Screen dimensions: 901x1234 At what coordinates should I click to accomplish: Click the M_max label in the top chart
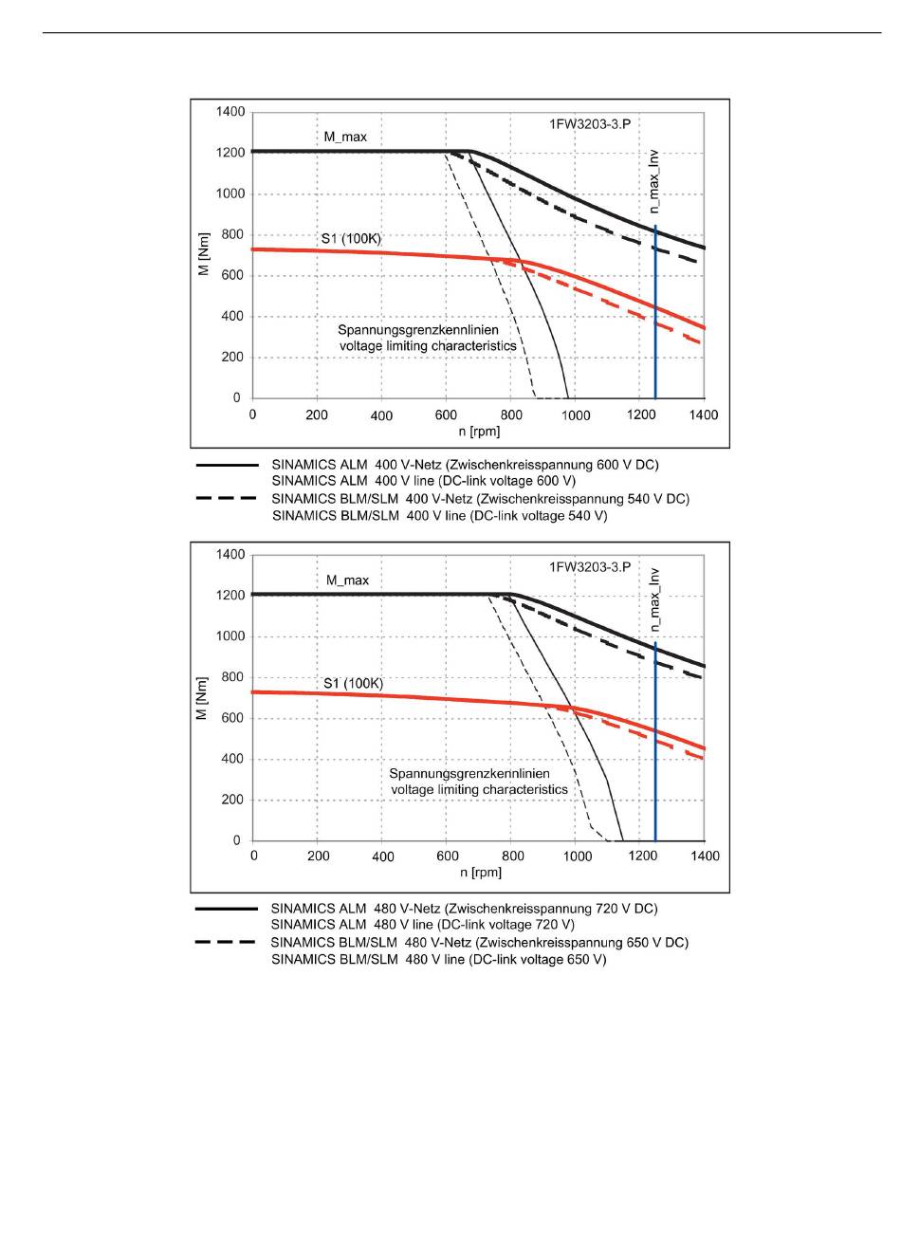click(345, 138)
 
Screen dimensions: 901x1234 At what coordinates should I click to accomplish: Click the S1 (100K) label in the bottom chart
click(353, 684)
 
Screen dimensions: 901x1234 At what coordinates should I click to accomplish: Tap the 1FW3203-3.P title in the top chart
click(590, 124)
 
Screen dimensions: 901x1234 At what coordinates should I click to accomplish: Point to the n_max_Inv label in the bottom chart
click(654, 599)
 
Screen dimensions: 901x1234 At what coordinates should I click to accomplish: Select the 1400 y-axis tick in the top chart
click(230, 112)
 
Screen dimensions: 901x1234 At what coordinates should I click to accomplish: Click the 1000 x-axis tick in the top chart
click(576, 415)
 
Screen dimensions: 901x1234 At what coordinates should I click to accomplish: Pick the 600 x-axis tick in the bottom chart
click(448, 856)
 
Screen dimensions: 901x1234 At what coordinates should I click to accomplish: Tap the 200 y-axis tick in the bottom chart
click(232, 800)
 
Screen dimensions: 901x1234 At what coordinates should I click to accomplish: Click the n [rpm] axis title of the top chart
click(479, 432)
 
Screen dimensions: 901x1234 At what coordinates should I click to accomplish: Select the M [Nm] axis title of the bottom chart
click(203, 698)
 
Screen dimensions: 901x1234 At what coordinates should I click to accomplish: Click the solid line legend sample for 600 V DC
click(227, 465)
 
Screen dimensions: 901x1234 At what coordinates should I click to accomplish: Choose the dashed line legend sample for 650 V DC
click(226, 942)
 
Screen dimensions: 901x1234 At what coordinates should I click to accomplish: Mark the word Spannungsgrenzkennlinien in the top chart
click(418, 330)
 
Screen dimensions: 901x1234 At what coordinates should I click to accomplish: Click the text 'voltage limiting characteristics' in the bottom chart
click(479, 789)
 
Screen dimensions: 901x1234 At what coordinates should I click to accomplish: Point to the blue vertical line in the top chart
click(655, 312)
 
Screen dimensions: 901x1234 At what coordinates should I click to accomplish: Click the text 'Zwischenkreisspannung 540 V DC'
click(581, 499)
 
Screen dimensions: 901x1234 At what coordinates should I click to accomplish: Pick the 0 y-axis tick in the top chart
click(237, 397)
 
